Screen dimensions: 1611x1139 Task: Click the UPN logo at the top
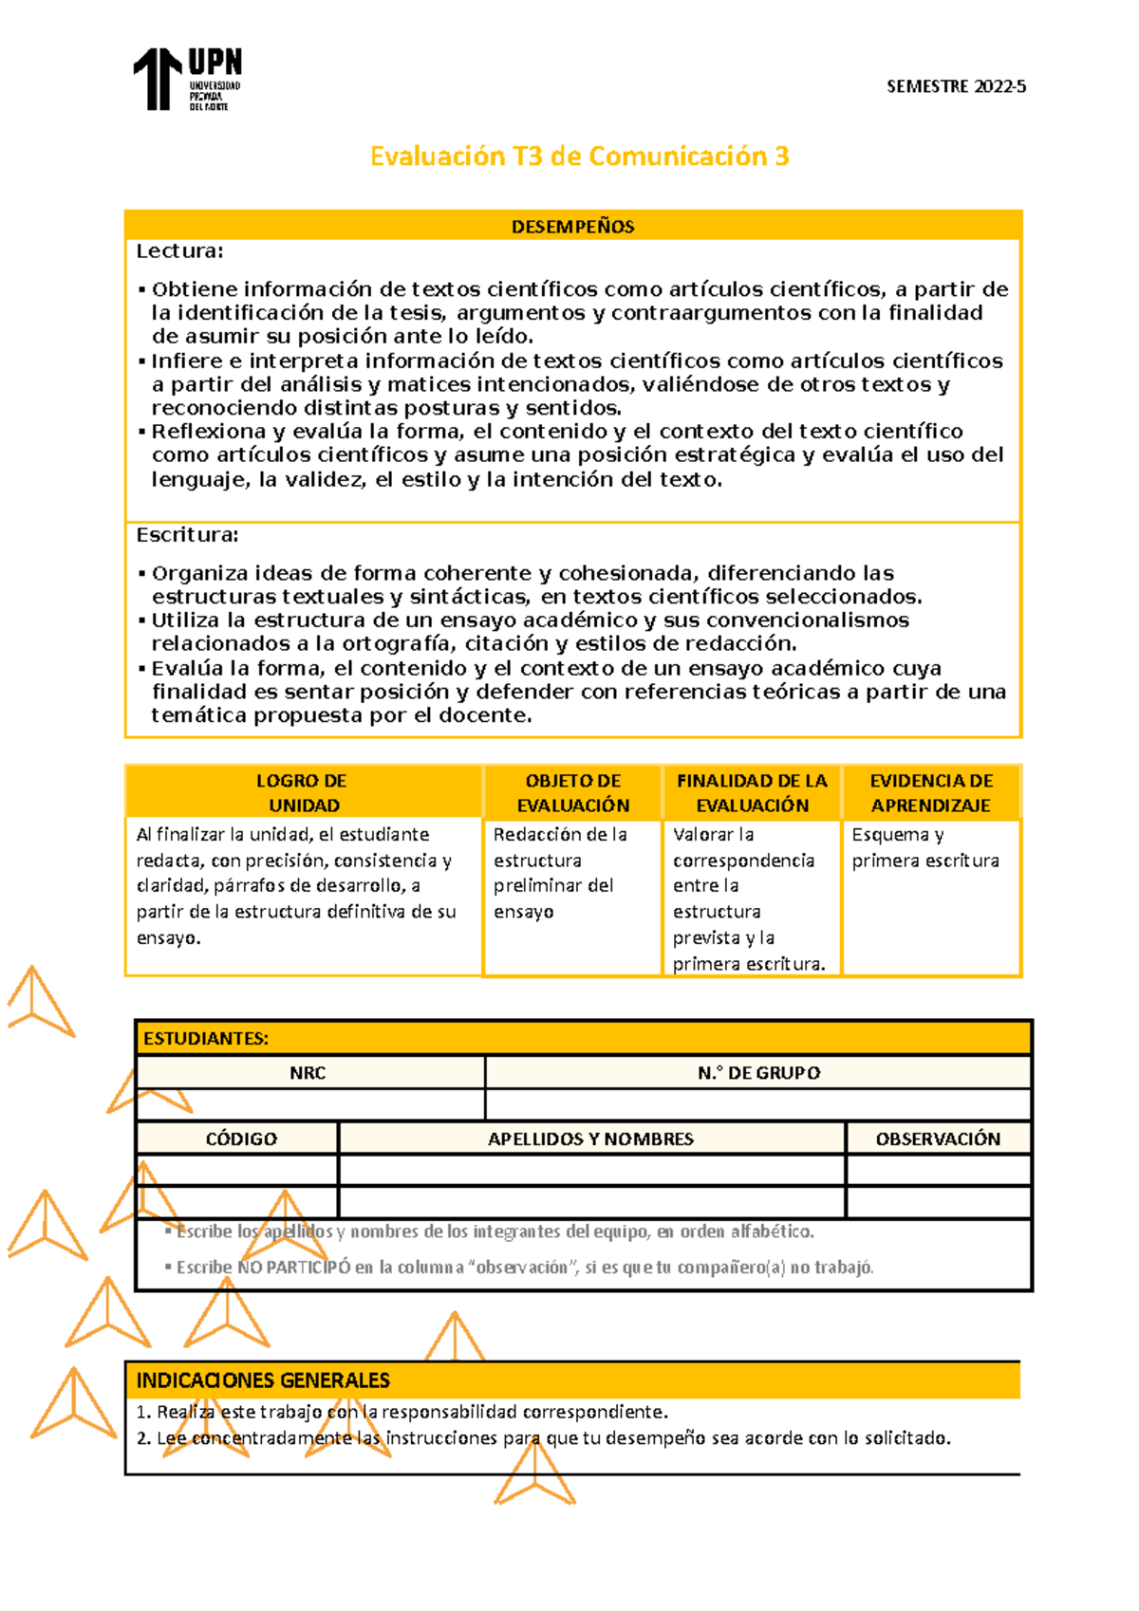coord(187,80)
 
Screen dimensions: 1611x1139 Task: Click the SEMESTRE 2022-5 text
coord(956,86)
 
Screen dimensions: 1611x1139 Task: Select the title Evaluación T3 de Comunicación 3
coord(579,157)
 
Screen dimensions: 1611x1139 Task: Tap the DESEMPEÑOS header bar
coord(573,226)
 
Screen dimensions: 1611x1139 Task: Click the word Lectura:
coord(179,251)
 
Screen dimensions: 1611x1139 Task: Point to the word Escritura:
coord(187,535)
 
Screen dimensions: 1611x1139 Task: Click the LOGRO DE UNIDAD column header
coord(302,792)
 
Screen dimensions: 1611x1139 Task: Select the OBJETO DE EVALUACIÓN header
coord(572,792)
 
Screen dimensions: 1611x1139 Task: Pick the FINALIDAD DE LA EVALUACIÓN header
coord(752,792)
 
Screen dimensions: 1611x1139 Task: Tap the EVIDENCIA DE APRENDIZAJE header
coord(931,792)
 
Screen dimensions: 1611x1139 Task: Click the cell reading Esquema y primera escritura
coord(924,847)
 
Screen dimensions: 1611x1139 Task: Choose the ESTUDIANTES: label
coord(206,1038)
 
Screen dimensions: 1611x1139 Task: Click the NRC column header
coord(308,1073)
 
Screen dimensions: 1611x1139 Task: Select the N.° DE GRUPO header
coord(758,1073)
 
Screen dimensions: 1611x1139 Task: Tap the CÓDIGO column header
coord(241,1139)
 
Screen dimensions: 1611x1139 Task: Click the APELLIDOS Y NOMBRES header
coord(590,1139)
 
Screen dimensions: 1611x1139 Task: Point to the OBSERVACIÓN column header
coord(938,1139)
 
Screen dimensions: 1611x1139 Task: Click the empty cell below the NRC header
coord(309,1104)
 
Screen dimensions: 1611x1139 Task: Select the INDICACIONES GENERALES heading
coord(263,1380)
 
